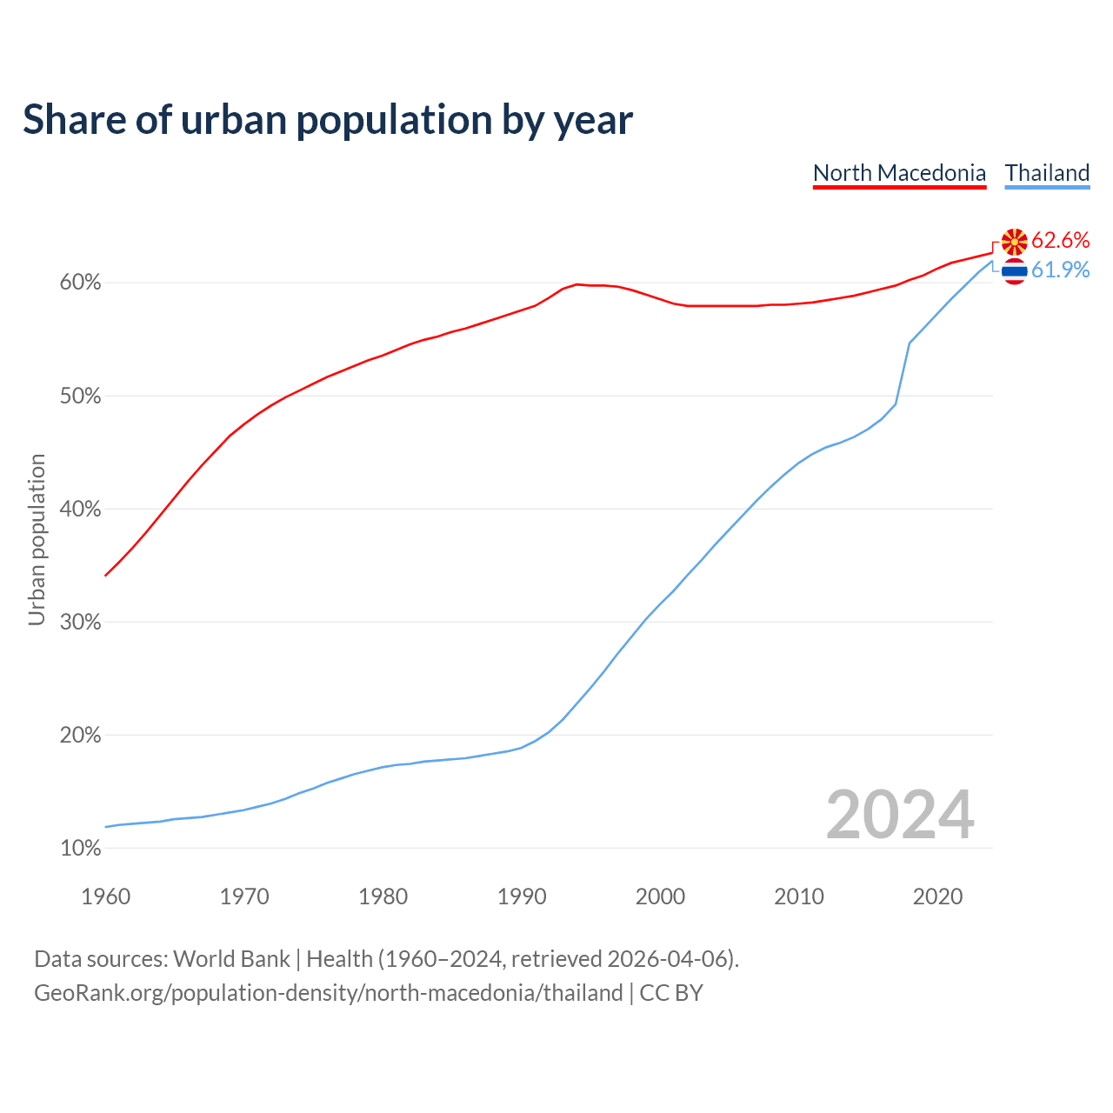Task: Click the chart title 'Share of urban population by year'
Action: [328, 120]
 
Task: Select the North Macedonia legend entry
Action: [899, 173]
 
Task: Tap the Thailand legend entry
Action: [1047, 173]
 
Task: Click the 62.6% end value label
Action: [1060, 241]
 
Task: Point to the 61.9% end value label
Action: [1060, 270]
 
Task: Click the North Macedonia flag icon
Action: [1014, 242]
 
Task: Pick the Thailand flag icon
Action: [1014, 271]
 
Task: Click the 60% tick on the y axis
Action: [80, 283]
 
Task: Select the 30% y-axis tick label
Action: [80, 623]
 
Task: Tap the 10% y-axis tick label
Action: [80, 849]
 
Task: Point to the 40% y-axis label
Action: [80, 510]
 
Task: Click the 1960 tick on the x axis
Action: [105, 896]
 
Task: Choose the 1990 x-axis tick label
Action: [522, 896]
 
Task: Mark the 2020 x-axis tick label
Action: [937, 896]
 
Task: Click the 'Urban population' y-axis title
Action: [37, 539]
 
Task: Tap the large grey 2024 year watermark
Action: [900, 816]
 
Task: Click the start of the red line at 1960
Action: [105, 576]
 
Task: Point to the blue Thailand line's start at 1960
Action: [105, 827]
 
